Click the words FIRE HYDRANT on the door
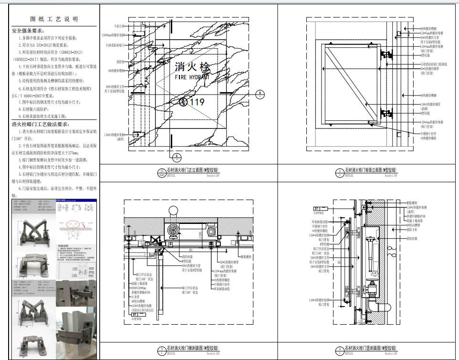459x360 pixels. click(x=192, y=77)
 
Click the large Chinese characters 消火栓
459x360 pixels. click(x=192, y=66)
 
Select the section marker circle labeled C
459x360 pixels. click(x=177, y=156)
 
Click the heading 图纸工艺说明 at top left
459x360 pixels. click(x=54, y=19)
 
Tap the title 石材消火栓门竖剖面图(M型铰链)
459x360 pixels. click(x=371, y=349)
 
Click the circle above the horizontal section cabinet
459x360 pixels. click(x=173, y=210)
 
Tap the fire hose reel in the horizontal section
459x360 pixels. click(x=173, y=232)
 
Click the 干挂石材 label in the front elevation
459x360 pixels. click(x=119, y=26)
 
